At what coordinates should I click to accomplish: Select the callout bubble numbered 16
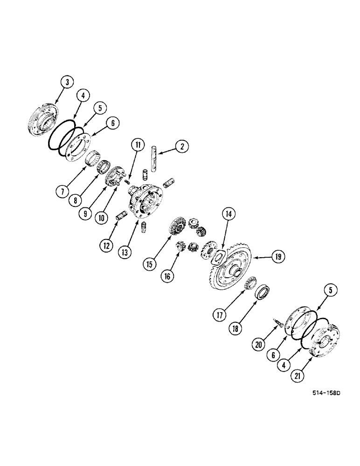tap(167, 276)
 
